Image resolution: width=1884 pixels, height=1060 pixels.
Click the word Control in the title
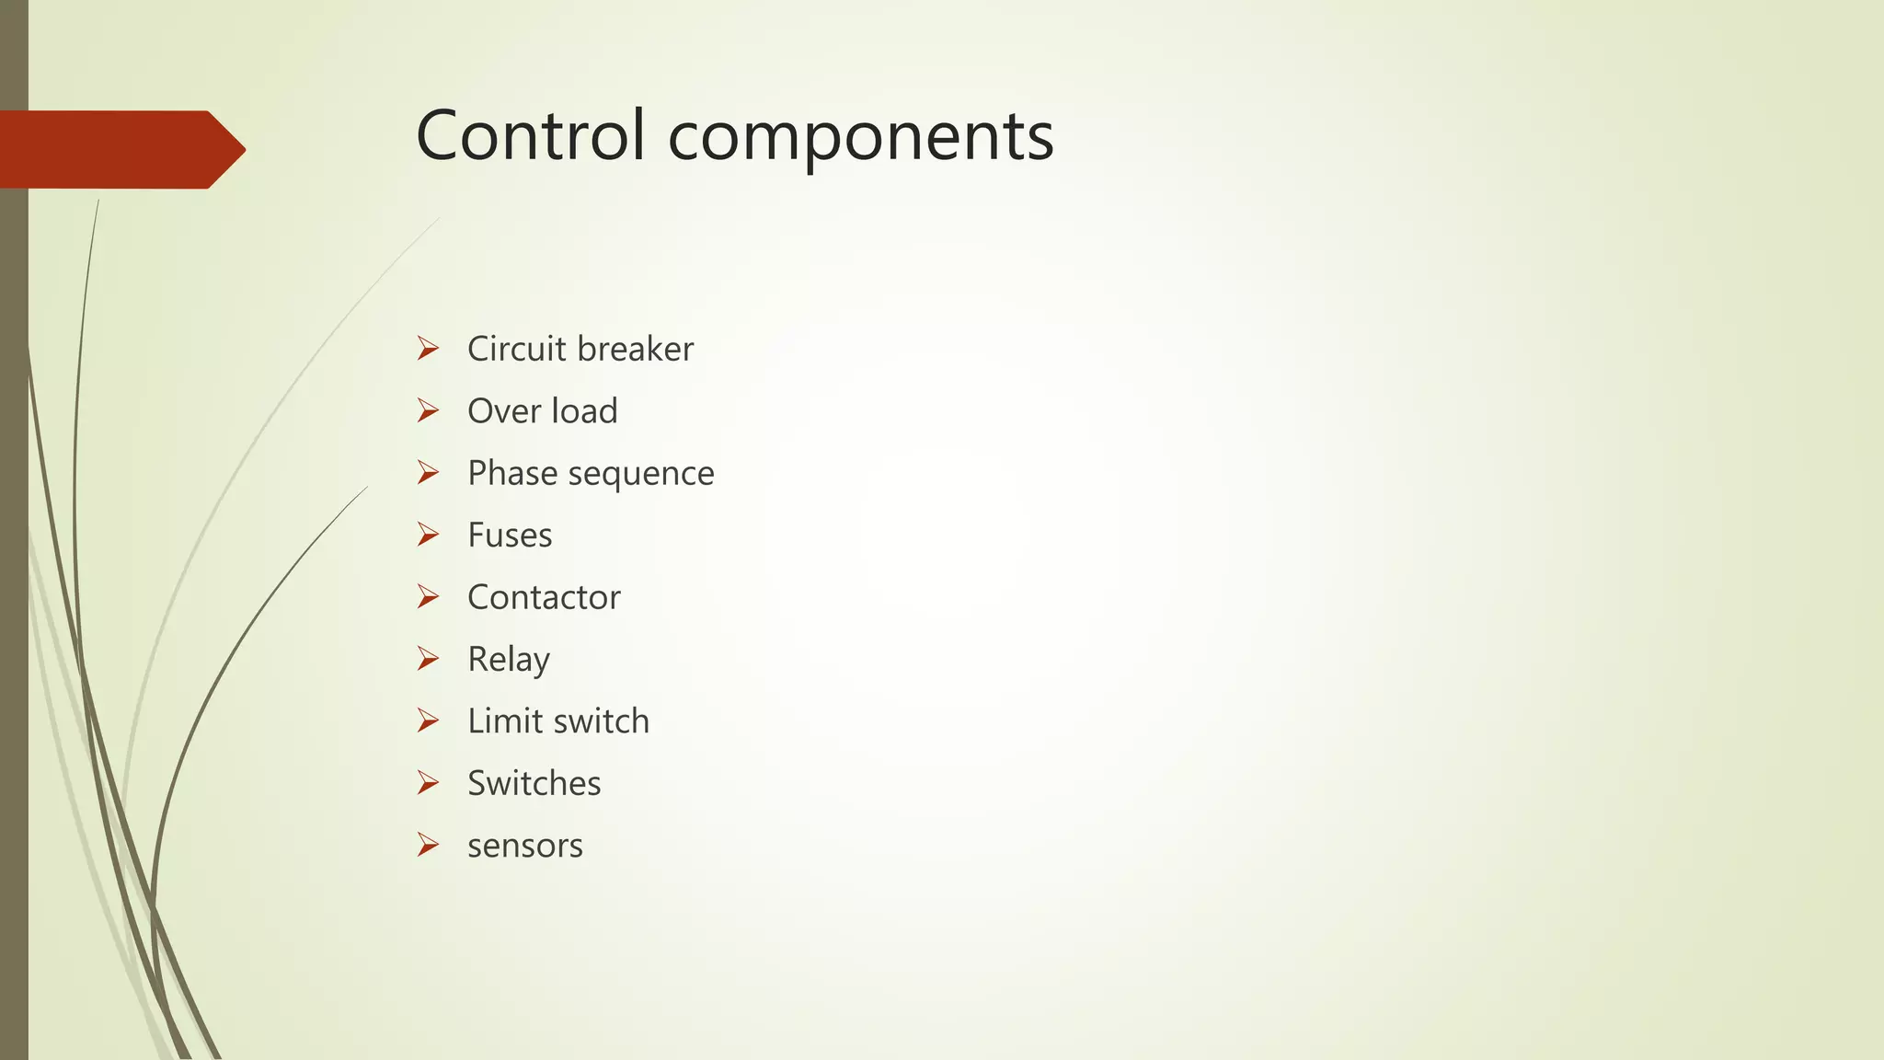pos(530,136)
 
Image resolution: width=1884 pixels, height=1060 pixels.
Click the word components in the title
pos(860,138)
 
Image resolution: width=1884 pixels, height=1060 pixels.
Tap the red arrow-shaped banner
pos(120,149)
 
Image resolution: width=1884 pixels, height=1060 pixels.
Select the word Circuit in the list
pos(516,349)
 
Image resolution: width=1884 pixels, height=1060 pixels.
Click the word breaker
pos(636,349)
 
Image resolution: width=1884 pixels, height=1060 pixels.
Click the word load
pos(584,411)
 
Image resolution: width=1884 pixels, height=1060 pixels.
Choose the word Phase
pos(512,473)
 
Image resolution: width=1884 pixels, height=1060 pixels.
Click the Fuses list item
pos(510,536)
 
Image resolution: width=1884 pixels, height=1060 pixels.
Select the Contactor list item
pos(544,597)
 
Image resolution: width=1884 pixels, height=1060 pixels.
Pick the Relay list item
pos(509,660)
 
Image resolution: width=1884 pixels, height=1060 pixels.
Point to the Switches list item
pos(534,783)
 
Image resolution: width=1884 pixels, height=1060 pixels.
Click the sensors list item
pos(524,846)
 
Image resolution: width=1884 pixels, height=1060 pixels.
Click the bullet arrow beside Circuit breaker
pos(428,349)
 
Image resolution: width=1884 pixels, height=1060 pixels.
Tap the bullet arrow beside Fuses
pos(428,535)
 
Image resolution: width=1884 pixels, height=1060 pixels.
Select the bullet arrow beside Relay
pos(428,659)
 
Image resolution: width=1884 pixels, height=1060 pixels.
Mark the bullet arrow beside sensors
pos(428,845)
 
